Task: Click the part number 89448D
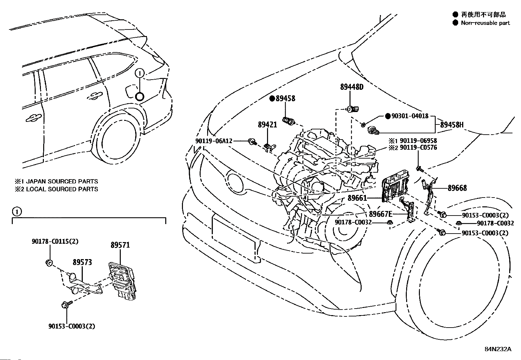[352, 87]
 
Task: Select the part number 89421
[267, 124]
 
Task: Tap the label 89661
[357, 198]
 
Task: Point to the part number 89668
[457, 188]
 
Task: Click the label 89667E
[381, 214]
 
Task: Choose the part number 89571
[120, 245]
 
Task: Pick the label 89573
[82, 262]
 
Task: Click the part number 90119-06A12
[214, 141]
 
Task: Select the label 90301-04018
[410, 116]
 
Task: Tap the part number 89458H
[452, 125]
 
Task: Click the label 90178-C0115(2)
[55, 241]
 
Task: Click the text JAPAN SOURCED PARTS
[62, 181]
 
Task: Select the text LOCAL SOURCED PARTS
[62, 189]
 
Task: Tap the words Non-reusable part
[485, 23]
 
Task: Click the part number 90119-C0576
[419, 147]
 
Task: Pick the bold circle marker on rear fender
[139, 96]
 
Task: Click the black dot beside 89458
[272, 99]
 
